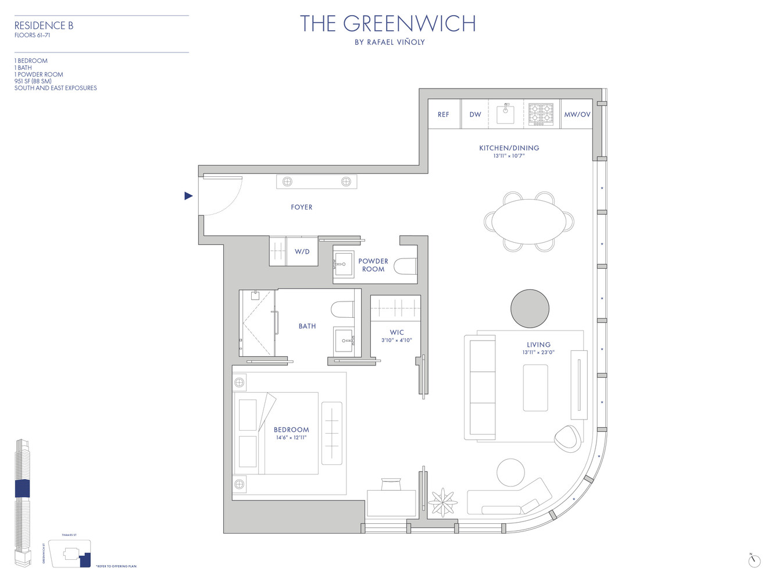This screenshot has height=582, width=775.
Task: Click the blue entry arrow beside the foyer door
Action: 188,196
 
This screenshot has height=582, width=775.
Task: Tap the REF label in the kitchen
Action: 443,115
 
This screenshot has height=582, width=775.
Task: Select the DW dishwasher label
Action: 475,115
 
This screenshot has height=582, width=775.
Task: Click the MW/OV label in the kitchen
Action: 577,115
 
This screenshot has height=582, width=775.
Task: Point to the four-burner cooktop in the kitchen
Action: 541,114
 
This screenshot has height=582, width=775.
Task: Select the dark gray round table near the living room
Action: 530,308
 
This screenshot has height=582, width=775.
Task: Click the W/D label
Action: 302,252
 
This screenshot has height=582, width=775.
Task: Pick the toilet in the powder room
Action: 406,267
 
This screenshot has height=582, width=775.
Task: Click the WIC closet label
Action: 397,333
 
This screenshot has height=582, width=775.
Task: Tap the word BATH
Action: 307,327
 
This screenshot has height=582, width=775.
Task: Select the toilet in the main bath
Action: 343,308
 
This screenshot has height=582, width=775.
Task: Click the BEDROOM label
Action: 291,430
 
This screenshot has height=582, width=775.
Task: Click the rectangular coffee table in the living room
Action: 535,388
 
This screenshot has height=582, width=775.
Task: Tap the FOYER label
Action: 301,207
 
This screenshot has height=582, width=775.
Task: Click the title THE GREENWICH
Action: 388,24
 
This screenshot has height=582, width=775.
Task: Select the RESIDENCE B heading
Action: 44,26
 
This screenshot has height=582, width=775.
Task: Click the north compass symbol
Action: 754,560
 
